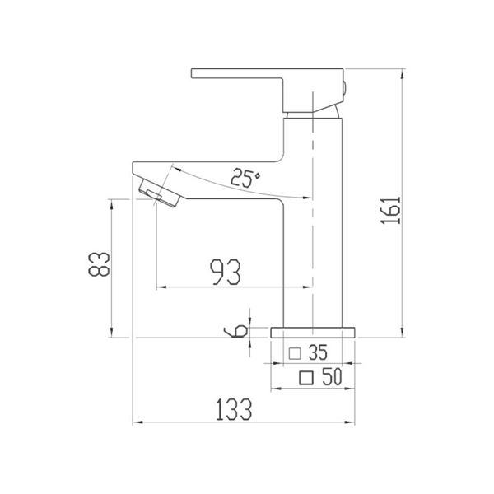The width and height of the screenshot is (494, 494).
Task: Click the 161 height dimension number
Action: pyautogui.click(x=390, y=210)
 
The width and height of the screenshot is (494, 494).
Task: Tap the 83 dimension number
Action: pyautogui.click(x=99, y=264)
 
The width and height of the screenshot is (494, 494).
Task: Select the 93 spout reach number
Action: pyautogui.click(x=226, y=272)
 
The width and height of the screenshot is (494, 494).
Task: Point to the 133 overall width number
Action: pyautogui.click(x=234, y=409)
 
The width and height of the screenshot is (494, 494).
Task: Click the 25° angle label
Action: pyautogui.click(x=245, y=178)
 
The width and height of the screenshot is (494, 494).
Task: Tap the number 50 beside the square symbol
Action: pyautogui.click(x=332, y=376)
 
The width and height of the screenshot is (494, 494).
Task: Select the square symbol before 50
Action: pyautogui.click(x=306, y=378)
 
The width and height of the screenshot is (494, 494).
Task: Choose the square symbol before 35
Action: pyautogui.click(x=295, y=353)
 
